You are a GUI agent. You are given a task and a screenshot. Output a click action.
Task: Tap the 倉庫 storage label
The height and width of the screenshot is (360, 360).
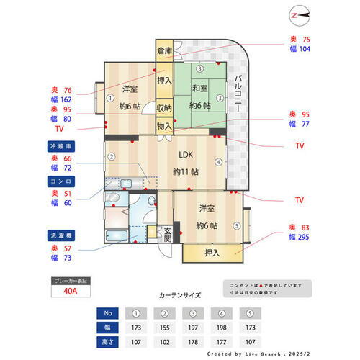tap(164, 50)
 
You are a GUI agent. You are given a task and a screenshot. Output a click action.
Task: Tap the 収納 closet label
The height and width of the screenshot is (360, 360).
tap(164, 108)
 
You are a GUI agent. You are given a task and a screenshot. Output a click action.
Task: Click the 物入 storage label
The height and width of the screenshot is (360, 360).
tap(164, 125)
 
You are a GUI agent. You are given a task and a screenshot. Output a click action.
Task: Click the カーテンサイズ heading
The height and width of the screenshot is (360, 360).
tap(179, 295)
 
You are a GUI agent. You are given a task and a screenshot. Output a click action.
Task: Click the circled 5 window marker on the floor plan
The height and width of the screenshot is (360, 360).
tap(237, 225)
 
